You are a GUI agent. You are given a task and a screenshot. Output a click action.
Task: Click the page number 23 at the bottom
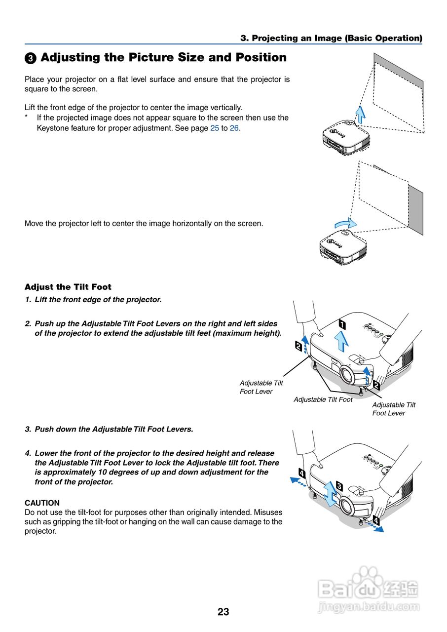[x=223, y=612]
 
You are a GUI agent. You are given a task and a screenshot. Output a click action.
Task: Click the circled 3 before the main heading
[x=30, y=58]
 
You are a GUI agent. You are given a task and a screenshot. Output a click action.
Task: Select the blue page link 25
[x=214, y=128]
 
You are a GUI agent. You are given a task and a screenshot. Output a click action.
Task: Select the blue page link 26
[x=234, y=128]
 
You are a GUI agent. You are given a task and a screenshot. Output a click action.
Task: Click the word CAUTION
[x=42, y=503]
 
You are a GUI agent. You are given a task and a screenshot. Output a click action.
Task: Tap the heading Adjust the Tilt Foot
[x=68, y=287]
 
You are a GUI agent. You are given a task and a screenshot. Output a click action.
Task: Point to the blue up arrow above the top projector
[x=361, y=114]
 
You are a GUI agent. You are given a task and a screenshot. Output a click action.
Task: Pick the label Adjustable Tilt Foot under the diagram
[x=323, y=399]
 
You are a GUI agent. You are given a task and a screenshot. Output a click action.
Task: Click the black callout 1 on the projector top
[x=342, y=325]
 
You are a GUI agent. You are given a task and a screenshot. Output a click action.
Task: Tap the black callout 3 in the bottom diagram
[x=339, y=485]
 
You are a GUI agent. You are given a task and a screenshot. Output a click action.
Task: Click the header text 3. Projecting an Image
[x=331, y=38]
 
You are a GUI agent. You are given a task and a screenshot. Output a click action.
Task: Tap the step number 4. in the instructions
[x=28, y=453]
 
